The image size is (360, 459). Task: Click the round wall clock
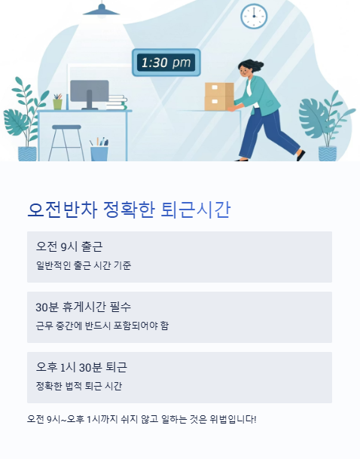point(254,16)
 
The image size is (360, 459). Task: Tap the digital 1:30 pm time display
point(166,63)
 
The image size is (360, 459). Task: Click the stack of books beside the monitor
point(117,101)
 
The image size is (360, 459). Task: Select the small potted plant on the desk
point(57,102)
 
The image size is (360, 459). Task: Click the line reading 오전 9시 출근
point(69,247)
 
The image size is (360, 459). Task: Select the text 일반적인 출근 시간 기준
point(84,265)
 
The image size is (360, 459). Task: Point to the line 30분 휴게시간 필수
point(83,307)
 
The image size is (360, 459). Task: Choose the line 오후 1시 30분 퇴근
point(81,367)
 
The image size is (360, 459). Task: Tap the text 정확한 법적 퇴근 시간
point(79,386)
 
